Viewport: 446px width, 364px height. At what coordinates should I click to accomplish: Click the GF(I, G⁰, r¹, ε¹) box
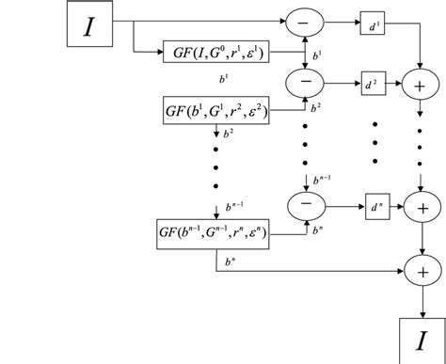point(215,52)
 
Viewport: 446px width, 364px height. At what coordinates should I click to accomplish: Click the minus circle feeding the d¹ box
point(304,20)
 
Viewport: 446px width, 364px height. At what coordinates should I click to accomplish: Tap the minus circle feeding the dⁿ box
point(304,203)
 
